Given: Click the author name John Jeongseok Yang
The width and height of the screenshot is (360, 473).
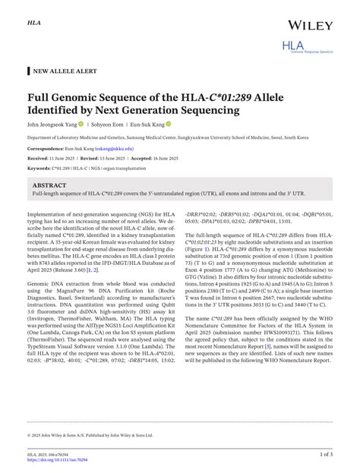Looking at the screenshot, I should pos(54,125).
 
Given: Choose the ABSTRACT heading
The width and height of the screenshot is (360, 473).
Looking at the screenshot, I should pos(49,185).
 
